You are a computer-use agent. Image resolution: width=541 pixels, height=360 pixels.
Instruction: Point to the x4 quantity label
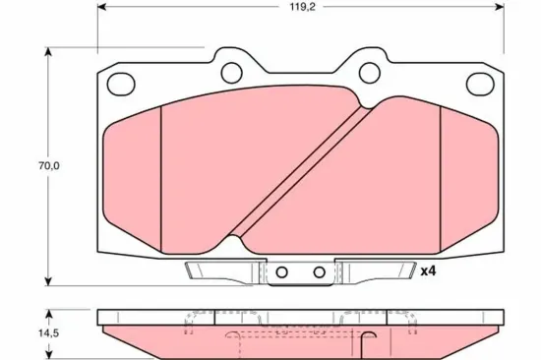click(427, 271)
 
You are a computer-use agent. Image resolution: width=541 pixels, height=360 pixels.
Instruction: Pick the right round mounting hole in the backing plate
click(370, 72)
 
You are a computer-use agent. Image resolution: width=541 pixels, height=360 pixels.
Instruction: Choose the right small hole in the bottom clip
click(319, 272)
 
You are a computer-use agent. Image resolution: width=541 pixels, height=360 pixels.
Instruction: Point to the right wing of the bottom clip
click(379, 270)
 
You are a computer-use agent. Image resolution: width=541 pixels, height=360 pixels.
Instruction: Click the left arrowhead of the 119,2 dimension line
click(102, 8)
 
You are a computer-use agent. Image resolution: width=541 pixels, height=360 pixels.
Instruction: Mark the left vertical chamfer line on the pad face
click(160, 172)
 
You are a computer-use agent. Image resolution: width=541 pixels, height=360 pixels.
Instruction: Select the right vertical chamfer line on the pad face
click(441, 172)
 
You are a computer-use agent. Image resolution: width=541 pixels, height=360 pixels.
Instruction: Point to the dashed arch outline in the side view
click(295, 334)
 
